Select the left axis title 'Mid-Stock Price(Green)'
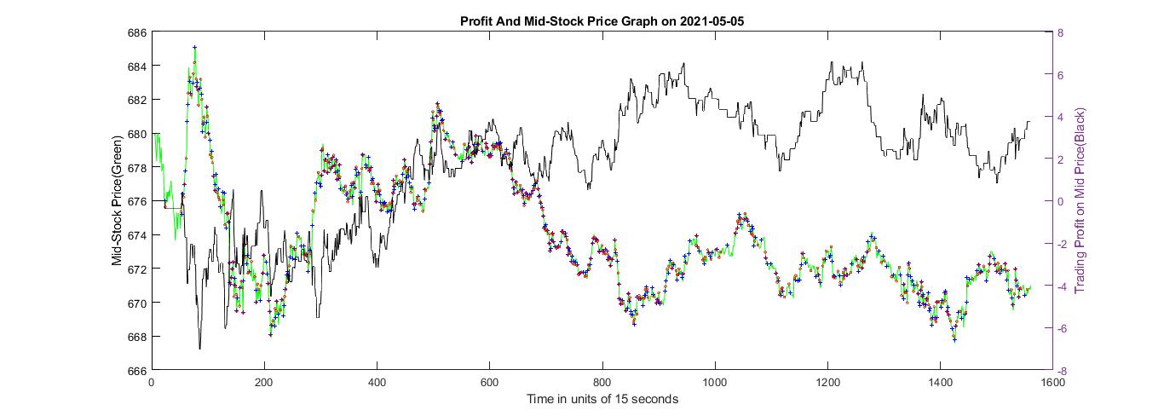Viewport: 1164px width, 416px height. click(x=117, y=200)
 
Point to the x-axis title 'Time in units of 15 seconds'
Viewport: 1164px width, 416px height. click(x=602, y=399)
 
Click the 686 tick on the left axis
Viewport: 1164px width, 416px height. click(x=136, y=32)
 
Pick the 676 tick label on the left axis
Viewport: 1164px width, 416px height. click(x=136, y=201)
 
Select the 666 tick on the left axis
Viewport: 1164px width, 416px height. click(x=136, y=370)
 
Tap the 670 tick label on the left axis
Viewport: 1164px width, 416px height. click(x=136, y=303)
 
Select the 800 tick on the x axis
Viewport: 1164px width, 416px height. click(x=602, y=383)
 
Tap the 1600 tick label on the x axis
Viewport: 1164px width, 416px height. click(x=1053, y=383)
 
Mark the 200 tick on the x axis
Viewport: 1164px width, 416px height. click(x=264, y=383)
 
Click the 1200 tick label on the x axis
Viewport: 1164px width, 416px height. click(x=827, y=383)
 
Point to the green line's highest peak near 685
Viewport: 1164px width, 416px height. click(x=195, y=49)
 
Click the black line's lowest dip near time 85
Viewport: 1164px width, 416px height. click(x=200, y=348)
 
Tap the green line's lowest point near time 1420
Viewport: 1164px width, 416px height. click(x=954, y=339)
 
